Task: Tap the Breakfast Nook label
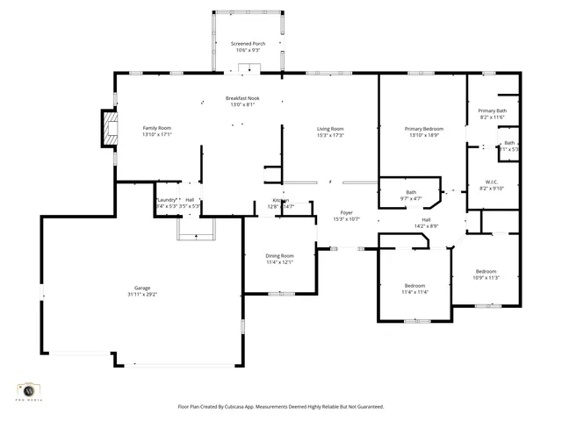tap(241, 98)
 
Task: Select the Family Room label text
tap(157, 128)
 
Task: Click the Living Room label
tap(330, 129)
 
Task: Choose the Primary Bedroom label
tap(423, 129)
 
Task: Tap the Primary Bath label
tap(492, 111)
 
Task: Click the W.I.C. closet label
tap(491, 182)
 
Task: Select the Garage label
tap(142, 288)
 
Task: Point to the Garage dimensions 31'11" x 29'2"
tap(142, 295)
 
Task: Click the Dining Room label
tap(279, 255)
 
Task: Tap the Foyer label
tap(347, 212)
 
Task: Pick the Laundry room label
tap(167, 200)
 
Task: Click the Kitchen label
tap(281, 201)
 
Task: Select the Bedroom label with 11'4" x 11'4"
tap(414, 285)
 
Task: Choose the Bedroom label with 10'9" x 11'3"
tap(486, 271)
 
